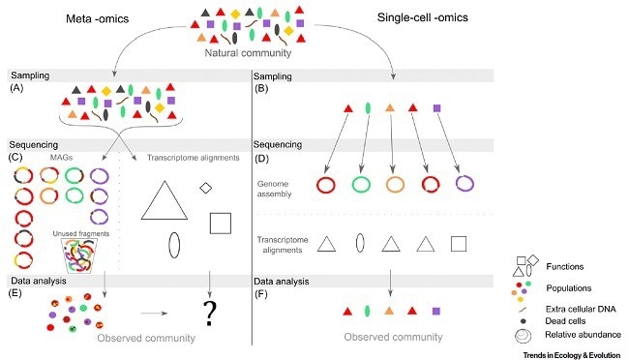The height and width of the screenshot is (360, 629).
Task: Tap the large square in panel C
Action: click(x=220, y=222)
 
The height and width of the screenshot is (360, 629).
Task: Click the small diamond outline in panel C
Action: click(x=205, y=186)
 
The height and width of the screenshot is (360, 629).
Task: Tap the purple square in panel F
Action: click(x=437, y=311)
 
